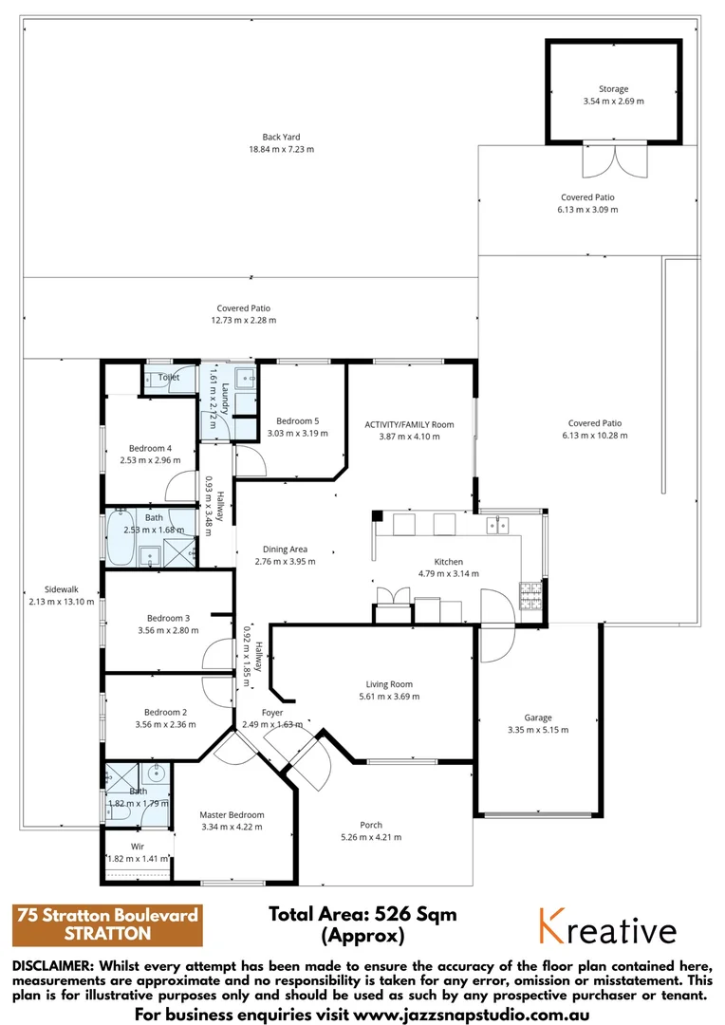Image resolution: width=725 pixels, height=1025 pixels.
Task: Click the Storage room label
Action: click(613, 89)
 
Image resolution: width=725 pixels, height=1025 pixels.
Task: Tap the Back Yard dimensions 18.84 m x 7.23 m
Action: click(281, 149)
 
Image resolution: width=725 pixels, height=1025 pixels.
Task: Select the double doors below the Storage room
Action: click(615, 160)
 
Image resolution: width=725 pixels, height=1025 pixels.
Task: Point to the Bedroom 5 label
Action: click(297, 421)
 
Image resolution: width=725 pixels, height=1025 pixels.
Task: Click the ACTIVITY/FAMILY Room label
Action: click(409, 424)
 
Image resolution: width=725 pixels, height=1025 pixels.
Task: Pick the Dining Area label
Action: click(285, 550)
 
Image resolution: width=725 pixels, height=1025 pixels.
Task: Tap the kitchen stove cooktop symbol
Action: click(530, 594)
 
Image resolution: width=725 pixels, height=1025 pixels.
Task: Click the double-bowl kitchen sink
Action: click(497, 525)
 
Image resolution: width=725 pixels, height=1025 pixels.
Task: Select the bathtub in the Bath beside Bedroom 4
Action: click(121, 536)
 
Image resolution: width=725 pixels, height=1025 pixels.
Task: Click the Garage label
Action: click(538, 717)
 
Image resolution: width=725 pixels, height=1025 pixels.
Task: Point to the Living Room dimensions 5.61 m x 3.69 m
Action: click(389, 697)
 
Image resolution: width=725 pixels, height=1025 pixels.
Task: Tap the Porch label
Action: click(371, 825)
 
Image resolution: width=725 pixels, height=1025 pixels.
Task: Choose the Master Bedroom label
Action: click(232, 814)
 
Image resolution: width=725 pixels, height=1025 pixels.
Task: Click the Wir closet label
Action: click(138, 846)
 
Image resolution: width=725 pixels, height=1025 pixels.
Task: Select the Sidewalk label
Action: click(62, 589)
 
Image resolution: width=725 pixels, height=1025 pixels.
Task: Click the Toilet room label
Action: click(169, 377)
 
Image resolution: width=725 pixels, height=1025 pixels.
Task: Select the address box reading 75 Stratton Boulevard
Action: click(107, 924)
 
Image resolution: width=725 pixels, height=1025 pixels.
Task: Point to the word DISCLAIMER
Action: click(53, 966)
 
